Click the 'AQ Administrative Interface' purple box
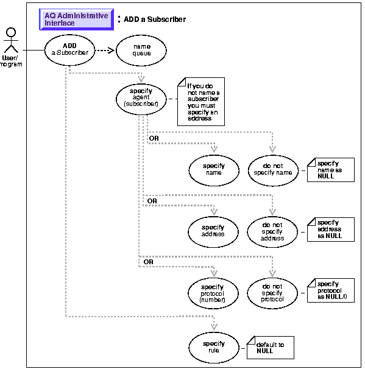pos(76,19)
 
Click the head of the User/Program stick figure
pos(11,32)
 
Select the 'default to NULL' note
pos(271,348)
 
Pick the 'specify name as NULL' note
pos(331,170)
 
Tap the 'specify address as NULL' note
pos(331,230)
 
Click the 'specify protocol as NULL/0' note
pos(331,290)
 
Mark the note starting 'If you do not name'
pos(201,102)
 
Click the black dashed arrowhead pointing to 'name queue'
pos(112,51)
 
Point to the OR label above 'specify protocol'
pos(149,262)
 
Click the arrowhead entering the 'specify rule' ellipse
pos(214,327)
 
